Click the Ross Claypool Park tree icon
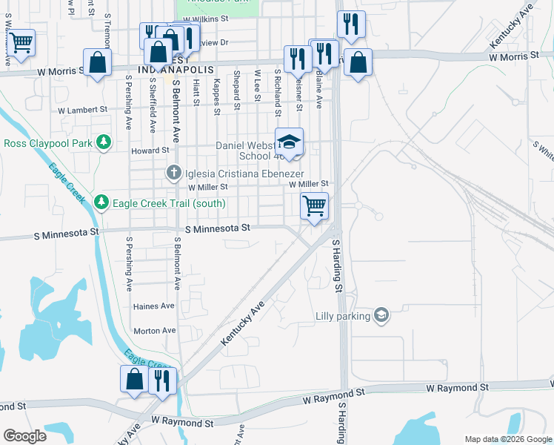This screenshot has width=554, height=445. point(104,140)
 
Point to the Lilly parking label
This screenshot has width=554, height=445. point(342,316)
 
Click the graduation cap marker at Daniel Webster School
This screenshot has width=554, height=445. point(290,141)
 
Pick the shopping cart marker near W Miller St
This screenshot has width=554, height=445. point(315,205)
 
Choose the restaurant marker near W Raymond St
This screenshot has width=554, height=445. point(161,380)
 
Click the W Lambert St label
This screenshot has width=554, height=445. point(82,109)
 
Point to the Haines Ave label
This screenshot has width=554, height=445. point(154,306)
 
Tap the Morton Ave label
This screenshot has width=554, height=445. point(154,330)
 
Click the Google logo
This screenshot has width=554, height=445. point(24,436)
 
